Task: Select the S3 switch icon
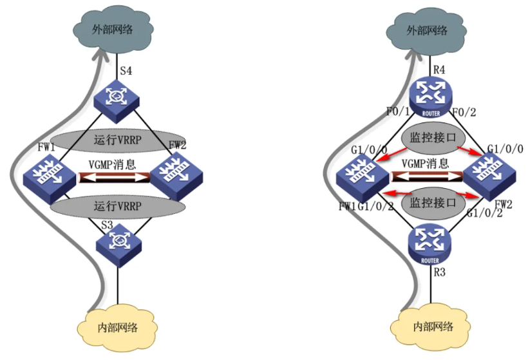(117, 243)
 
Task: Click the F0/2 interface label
(467, 113)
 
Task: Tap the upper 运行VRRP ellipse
(117, 138)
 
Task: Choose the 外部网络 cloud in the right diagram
(426, 30)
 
